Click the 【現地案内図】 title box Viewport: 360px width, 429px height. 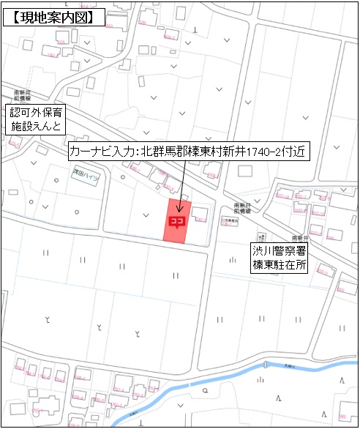point(52,17)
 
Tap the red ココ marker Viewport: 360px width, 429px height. point(176,220)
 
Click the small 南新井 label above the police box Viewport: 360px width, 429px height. point(299,239)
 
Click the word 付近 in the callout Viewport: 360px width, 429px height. point(298,152)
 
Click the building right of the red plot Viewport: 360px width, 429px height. point(200,217)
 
